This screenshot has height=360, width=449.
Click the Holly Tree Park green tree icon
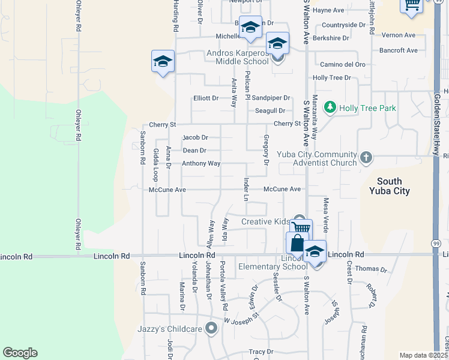coord(330,107)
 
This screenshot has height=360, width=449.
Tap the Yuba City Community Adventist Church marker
coord(367,158)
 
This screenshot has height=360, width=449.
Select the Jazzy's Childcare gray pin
coord(211,328)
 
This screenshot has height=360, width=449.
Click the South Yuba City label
coord(393,186)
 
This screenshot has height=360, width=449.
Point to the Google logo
coord(20,353)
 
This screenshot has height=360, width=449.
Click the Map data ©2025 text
coord(423,355)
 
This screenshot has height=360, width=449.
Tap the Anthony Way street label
coord(201,163)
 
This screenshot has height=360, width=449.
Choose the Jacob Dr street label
coord(195,137)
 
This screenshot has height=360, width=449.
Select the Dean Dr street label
coord(194,151)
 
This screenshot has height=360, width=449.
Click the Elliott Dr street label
coord(206,98)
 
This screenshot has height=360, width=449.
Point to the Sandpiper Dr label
coord(271,98)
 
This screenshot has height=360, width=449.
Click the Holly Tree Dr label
coord(331,78)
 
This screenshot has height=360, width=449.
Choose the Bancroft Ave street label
coord(398,50)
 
